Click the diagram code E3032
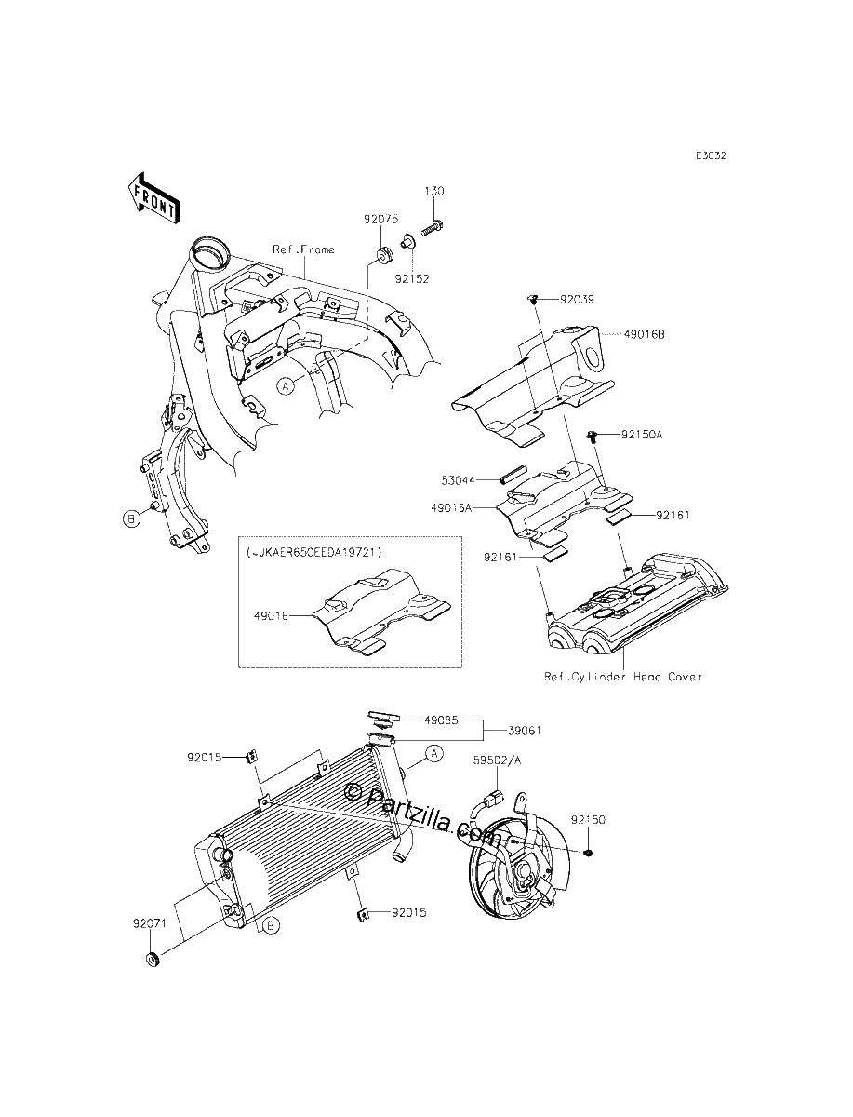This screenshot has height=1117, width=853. point(712,155)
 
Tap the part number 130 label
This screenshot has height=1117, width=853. point(434,192)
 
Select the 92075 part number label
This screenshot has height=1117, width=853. point(380,219)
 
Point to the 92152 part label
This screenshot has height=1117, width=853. point(412,279)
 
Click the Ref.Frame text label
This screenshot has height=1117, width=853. point(303,249)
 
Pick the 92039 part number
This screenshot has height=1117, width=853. point(577,299)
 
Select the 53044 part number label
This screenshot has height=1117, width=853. point(458,480)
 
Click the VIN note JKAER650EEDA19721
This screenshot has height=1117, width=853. point(313,552)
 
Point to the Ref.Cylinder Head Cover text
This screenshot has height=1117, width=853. point(622,677)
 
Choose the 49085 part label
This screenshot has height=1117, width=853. point(441,720)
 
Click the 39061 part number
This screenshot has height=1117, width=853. point(525,731)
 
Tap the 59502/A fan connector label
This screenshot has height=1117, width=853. point(497,774)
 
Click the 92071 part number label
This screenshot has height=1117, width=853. point(150,923)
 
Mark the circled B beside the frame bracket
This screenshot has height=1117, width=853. point(132,519)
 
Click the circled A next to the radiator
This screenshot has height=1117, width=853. point(433,754)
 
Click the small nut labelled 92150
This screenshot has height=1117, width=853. point(588,852)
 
